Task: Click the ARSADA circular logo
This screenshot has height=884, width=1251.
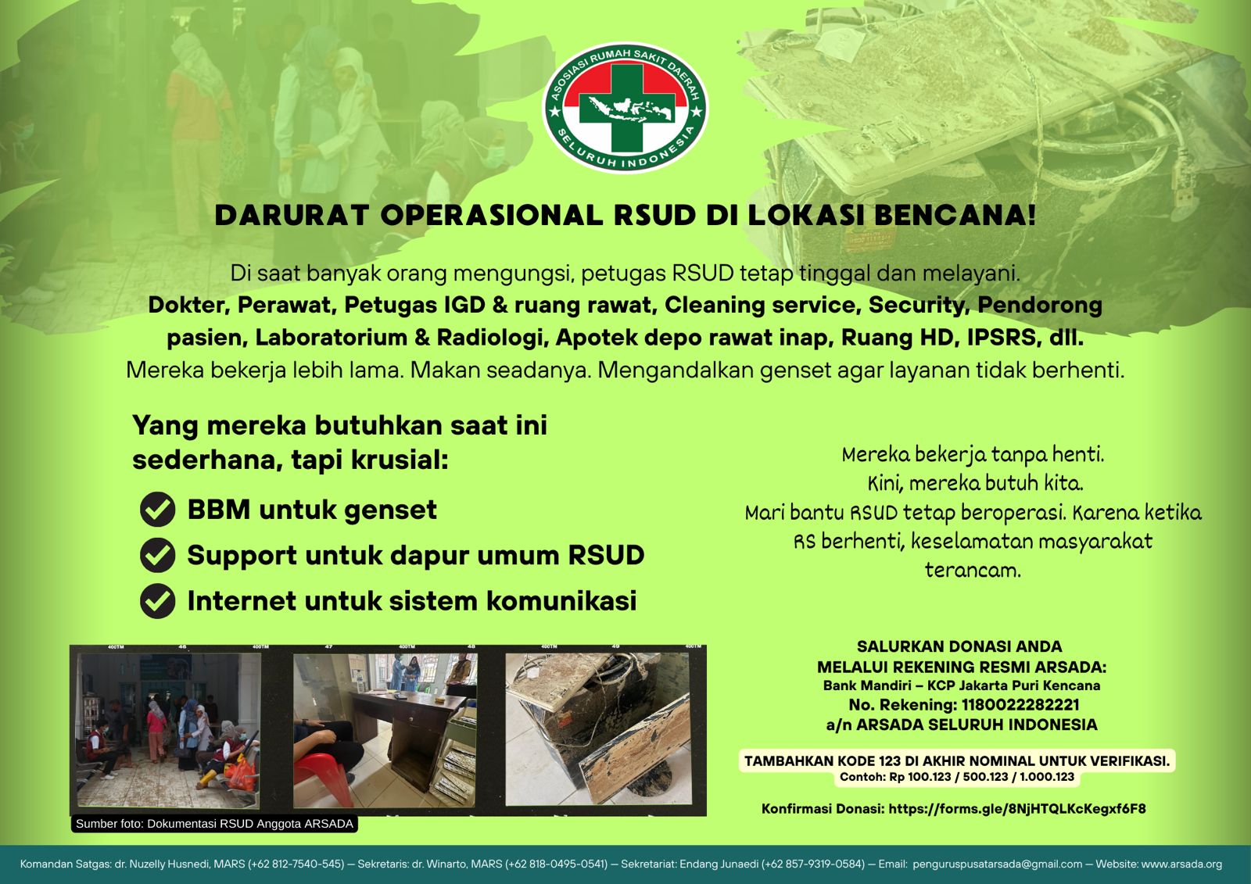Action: click(x=625, y=108)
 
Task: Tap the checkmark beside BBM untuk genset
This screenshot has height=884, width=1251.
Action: click(x=157, y=510)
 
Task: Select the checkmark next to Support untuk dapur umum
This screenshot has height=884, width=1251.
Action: click(x=157, y=555)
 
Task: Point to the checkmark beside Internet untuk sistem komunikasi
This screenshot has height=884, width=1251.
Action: click(x=157, y=601)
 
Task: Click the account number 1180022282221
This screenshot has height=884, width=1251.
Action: click(x=1020, y=705)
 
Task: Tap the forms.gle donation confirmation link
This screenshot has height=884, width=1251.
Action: click(x=1017, y=809)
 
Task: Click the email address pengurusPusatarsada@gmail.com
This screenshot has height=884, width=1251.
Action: click(x=998, y=864)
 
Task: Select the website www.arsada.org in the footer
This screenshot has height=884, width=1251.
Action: click(x=1181, y=864)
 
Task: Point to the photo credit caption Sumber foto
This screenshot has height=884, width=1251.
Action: click(x=214, y=824)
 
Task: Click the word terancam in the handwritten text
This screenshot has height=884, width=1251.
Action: click(x=973, y=570)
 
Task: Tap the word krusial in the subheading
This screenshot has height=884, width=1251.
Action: click(x=400, y=460)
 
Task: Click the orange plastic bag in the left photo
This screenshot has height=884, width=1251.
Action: click(x=242, y=771)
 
